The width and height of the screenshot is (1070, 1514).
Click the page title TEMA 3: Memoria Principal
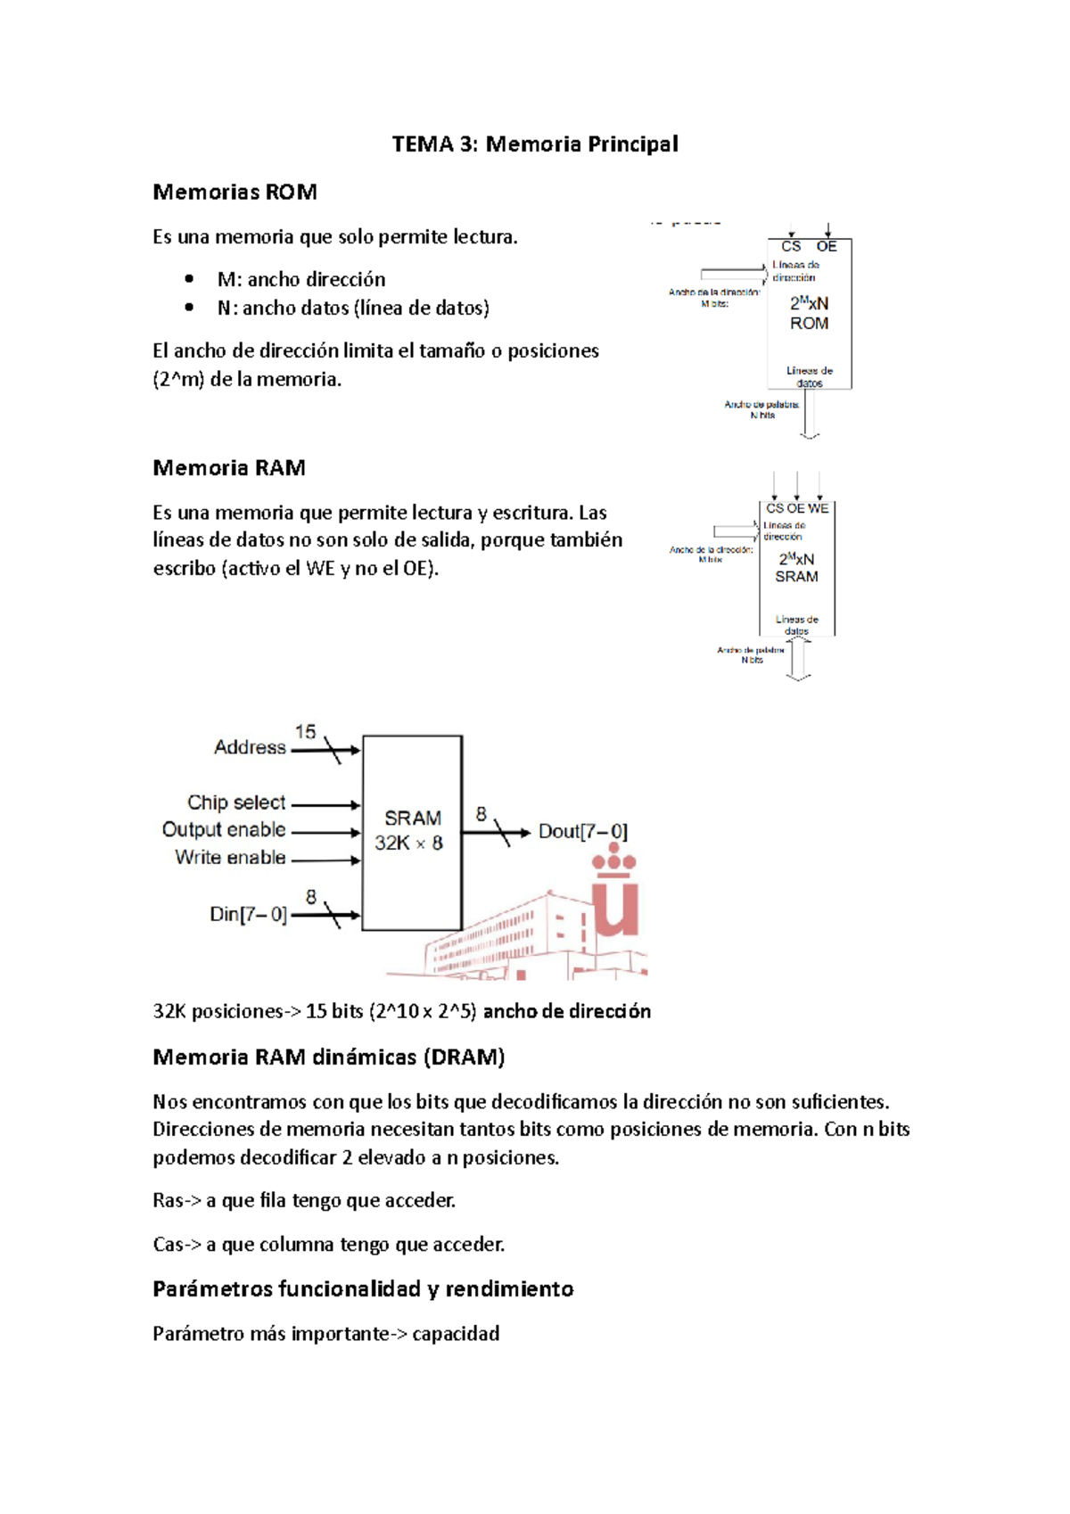click(x=535, y=144)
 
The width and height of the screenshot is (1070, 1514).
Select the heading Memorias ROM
click(x=235, y=193)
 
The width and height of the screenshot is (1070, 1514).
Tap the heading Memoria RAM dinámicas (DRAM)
click(x=329, y=1057)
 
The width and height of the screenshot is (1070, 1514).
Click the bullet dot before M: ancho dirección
click(x=189, y=279)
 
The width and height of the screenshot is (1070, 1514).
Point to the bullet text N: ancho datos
click(x=353, y=309)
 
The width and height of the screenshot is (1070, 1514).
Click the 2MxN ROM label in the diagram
click(x=809, y=313)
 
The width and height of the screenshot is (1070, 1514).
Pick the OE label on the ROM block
click(x=827, y=247)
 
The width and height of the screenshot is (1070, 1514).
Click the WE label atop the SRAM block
click(x=819, y=508)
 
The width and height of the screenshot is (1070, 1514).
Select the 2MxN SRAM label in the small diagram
click(x=796, y=568)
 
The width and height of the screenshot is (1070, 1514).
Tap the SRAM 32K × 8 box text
click(x=411, y=830)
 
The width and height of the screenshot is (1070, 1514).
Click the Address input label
click(x=250, y=747)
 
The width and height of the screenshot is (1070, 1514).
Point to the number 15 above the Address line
click(x=305, y=732)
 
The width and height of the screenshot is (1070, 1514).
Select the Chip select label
click(x=236, y=802)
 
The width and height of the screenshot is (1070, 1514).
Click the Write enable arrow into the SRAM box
click(x=326, y=860)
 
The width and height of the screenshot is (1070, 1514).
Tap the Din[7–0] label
click(x=248, y=915)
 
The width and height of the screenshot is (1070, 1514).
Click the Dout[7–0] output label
click(x=582, y=832)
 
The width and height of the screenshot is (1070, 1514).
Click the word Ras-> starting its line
click(x=177, y=1201)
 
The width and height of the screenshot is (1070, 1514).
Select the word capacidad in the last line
click(x=456, y=1334)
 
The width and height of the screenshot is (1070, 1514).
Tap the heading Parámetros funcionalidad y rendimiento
click(x=363, y=1289)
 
